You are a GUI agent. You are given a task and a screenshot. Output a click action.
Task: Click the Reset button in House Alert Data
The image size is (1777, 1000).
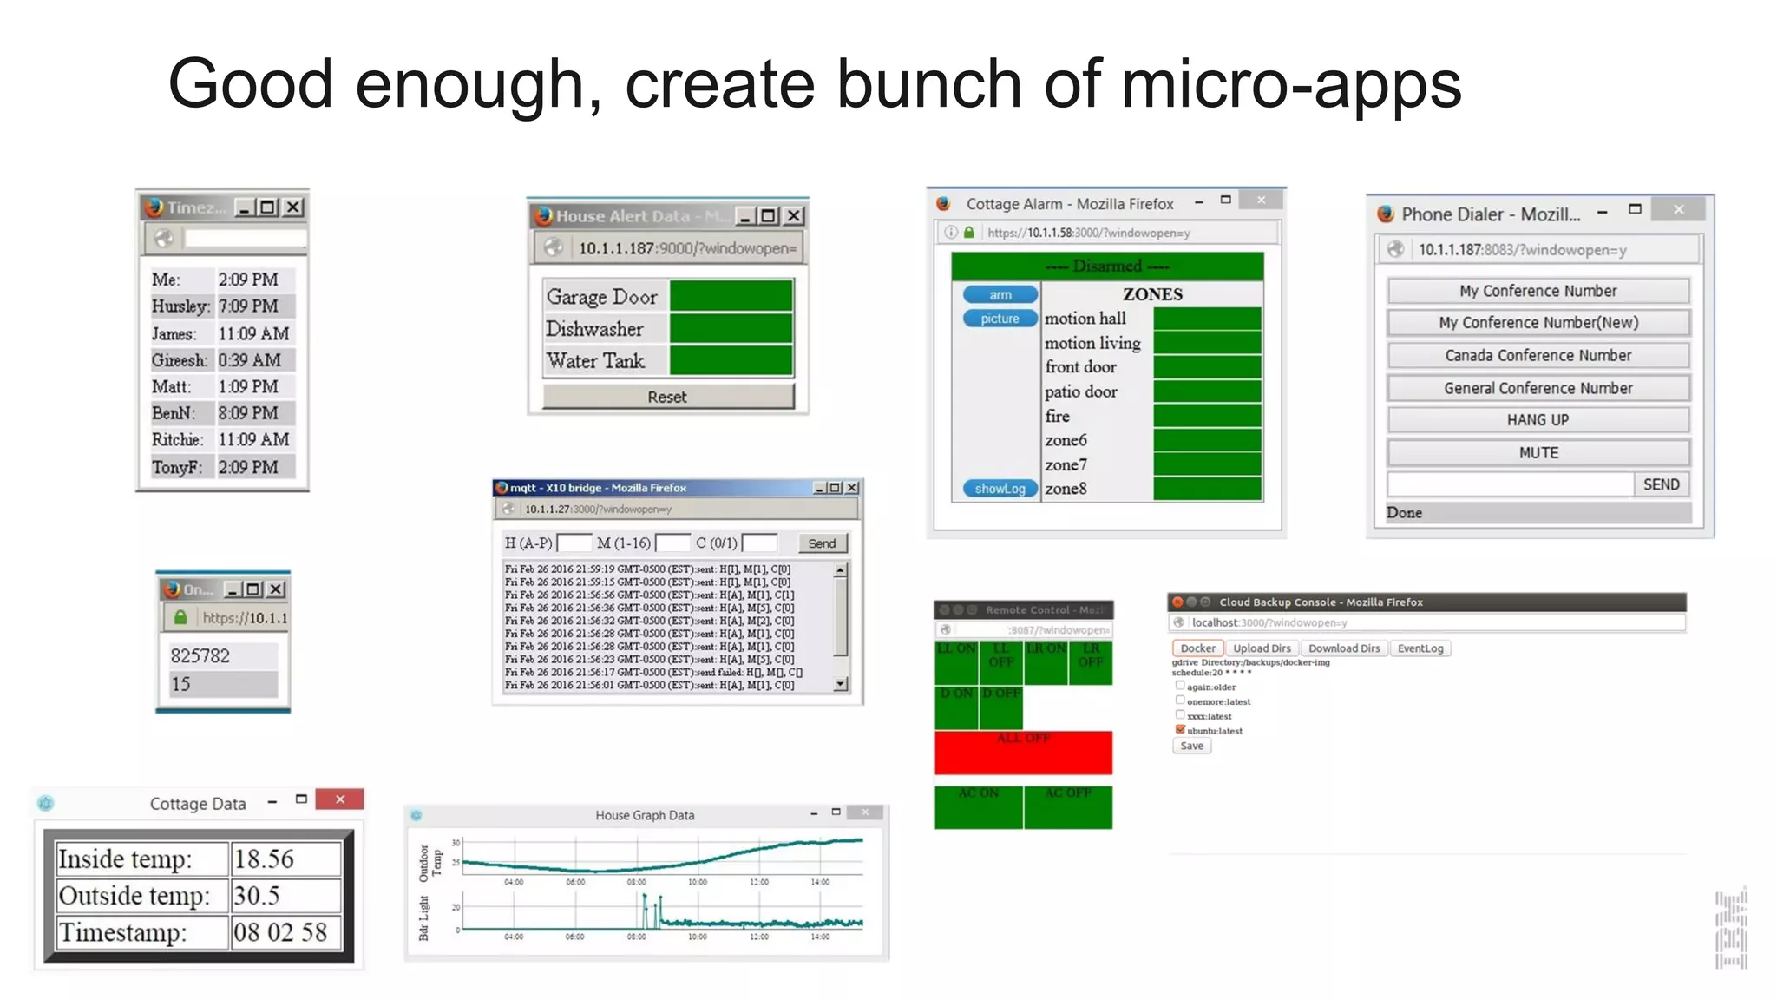tap(667, 397)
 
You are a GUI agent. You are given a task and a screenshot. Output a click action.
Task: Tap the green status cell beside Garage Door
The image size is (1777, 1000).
tap(731, 295)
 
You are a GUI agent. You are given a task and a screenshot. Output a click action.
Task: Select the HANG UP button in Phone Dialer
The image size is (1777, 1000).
tap(1538, 420)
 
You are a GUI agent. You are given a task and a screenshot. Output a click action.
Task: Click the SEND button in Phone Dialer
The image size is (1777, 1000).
tap(1661, 484)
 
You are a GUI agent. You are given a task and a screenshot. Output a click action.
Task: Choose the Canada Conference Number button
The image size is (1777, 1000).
tap(1538, 355)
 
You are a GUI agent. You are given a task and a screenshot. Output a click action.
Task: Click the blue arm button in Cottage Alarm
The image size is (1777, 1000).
tap(1000, 295)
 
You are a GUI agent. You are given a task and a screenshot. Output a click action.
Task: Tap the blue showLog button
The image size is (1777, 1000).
tap(1000, 489)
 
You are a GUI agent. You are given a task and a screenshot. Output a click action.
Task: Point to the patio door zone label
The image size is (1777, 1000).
tap(1081, 391)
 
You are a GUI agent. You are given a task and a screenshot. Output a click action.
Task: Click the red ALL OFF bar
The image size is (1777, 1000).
tap(1023, 752)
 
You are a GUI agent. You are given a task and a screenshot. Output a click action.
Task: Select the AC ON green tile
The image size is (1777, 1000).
tap(978, 806)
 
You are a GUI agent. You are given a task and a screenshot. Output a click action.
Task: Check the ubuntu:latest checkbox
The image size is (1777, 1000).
tap(1180, 729)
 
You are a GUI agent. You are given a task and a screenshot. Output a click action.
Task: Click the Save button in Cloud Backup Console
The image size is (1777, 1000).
tap(1191, 746)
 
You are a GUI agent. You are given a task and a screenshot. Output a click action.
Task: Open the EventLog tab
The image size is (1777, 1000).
tap(1420, 648)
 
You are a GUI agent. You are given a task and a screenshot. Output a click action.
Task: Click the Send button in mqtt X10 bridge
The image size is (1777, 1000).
tap(821, 543)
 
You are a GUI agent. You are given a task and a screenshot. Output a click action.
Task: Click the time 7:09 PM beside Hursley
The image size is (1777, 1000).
tap(249, 306)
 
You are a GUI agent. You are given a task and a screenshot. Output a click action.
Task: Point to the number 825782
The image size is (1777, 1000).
tap(200, 655)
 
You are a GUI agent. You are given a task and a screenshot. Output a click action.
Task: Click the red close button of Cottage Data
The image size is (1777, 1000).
tap(339, 799)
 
